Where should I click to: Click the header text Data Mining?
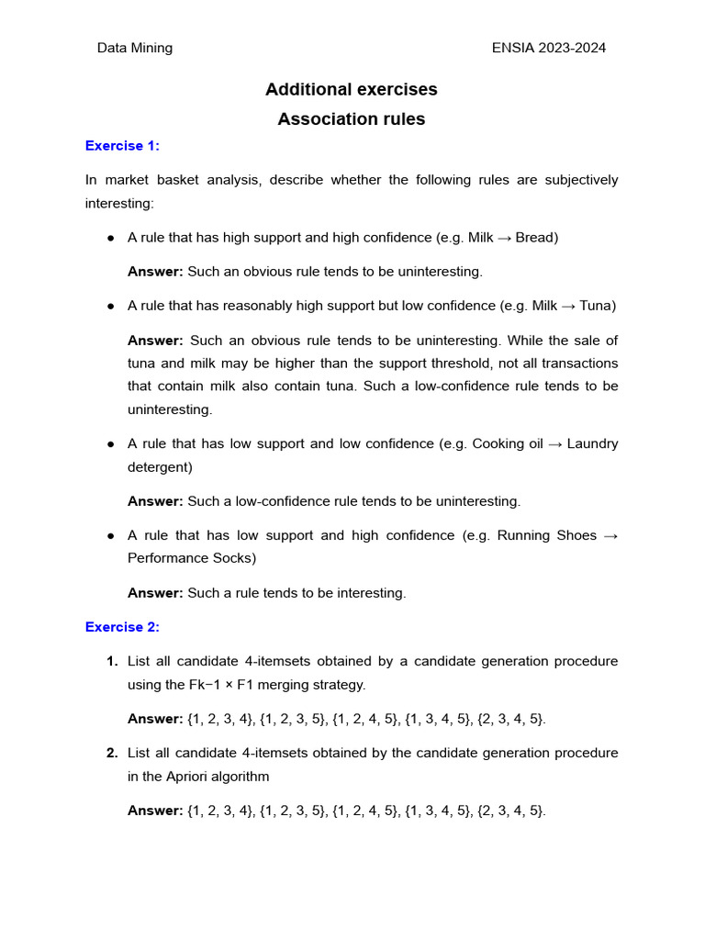pyautogui.click(x=135, y=48)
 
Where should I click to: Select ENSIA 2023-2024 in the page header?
pyautogui.click(x=549, y=48)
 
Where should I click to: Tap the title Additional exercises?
pyautogui.click(x=351, y=89)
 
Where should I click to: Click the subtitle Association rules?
pyautogui.click(x=351, y=119)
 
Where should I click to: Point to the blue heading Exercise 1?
pyautogui.click(x=122, y=146)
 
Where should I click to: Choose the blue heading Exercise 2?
pyautogui.click(x=122, y=627)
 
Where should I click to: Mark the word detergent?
pyautogui.click(x=158, y=467)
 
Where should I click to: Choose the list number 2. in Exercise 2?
pyautogui.click(x=112, y=754)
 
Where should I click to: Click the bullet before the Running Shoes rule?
pyautogui.click(x=110, y=535)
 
